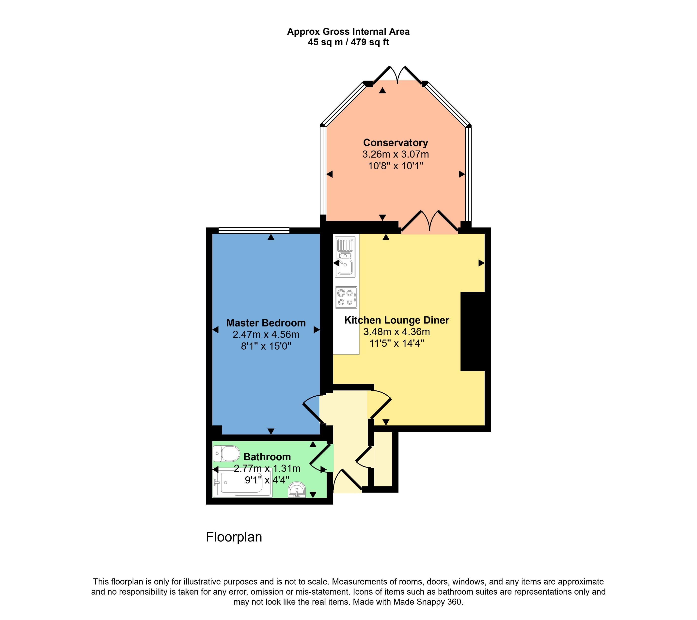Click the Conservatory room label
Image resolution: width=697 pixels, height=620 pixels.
click(395, 142)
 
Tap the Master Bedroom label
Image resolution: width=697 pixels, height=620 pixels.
click(266, 323)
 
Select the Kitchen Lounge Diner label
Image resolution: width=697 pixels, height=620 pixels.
click(396, 320)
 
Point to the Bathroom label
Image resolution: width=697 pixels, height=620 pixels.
click(267, 457)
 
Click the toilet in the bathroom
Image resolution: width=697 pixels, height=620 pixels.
click(226, 454)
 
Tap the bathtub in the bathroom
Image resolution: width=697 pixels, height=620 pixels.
click(242, 483)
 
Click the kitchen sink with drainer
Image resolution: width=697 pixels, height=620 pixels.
click(346, 257)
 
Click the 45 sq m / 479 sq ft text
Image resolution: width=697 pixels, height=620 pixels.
click(348, 42)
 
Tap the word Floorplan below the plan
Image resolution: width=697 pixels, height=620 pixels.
click(234, 537)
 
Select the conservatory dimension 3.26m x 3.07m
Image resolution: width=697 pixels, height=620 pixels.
click(396, 155)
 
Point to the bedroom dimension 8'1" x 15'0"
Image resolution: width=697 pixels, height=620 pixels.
click(266, 346)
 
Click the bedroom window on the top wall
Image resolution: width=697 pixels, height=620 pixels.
click(254, 231)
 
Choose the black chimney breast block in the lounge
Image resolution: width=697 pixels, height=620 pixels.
click(473, 331)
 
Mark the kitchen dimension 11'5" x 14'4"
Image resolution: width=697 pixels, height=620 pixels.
click(396, 343)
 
